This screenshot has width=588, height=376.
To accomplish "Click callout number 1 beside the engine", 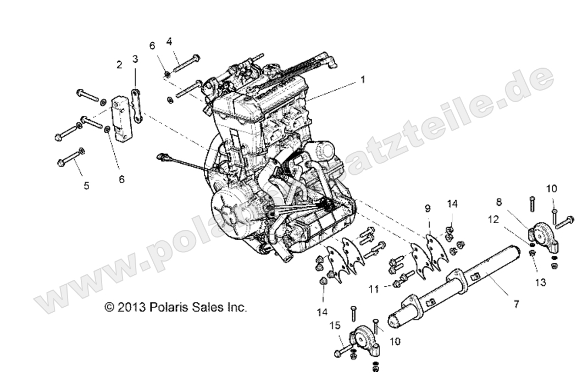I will pos(362,79).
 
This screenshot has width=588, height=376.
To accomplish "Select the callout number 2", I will pos(119,65).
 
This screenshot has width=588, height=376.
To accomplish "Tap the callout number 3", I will pos(135,59).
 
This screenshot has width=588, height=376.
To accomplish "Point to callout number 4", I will pos(169,41).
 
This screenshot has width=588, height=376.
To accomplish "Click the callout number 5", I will pos(86,186).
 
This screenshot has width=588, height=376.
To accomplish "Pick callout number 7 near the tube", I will pos(516,303).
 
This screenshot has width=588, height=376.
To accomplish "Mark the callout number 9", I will pos(428,208).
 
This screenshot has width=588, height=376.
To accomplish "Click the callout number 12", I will pos(493,219).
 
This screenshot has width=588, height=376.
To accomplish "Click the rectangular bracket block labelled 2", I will pos(122,118).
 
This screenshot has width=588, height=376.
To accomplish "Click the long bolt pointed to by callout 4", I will pos(187,63).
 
